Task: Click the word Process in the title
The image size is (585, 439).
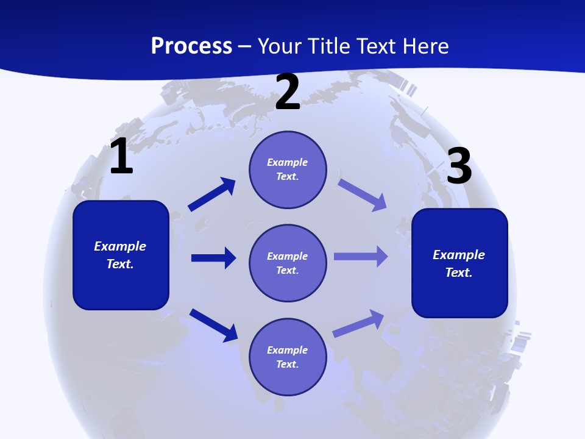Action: pos(191,46)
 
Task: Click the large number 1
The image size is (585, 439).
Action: pos(121,157)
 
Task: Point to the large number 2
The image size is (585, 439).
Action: pos(288,92)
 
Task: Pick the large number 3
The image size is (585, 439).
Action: pos(459,166)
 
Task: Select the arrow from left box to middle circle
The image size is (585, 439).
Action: pos(213,258)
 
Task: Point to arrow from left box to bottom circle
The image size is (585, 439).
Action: pos(213,325)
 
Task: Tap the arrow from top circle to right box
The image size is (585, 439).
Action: pos(363,195)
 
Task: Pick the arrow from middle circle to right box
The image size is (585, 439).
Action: pos(361,257)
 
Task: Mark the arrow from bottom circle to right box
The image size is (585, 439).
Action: pos(359,323)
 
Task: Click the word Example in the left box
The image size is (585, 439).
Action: pos(120,246)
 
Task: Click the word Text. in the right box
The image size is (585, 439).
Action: pos(459,273)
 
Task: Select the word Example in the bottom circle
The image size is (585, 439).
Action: pos(287,350)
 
